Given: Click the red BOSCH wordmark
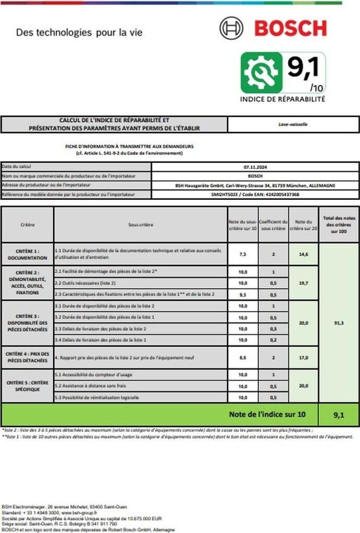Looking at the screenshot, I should coord(291,28).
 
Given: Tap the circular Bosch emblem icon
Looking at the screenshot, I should coord(231,28).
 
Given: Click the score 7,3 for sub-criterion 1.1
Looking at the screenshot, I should coord(243,254).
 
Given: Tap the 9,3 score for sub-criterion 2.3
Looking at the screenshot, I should coord(243,295).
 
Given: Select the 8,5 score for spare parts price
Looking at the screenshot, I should coord(243,358).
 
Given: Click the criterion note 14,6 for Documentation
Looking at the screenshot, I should coord(304,254).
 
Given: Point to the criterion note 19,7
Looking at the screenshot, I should coord(304,283).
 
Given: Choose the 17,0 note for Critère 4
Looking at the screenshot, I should coord(304,358).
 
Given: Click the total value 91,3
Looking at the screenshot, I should coord(339,323).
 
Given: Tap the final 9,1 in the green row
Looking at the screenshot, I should coord(339,415).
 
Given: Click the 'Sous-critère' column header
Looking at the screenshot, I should coord(141,225).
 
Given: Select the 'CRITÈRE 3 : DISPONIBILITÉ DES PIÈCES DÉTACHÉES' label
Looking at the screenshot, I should coord(28,323).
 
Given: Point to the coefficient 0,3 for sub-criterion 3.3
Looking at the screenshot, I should coord(274,329).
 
